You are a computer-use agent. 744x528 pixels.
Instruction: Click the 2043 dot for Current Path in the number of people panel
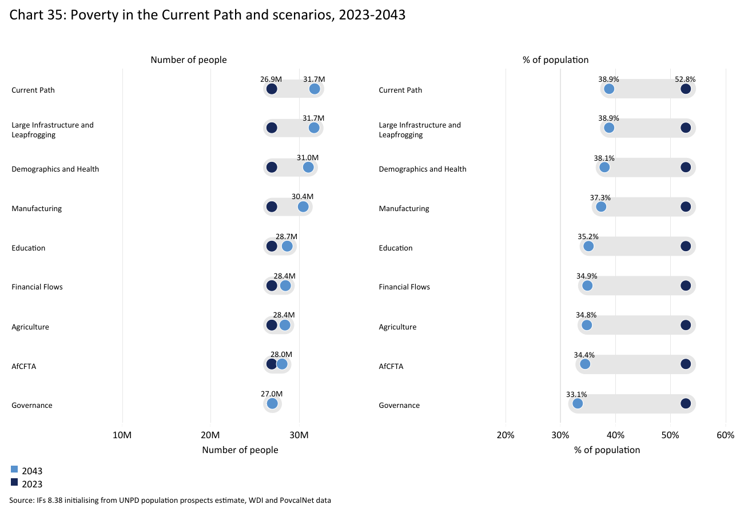click(315, 89)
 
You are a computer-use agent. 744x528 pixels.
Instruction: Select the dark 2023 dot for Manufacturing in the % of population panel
click(686, 207)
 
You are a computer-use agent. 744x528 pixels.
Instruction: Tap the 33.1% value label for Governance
click(576, 394)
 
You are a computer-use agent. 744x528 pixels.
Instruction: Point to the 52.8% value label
click(685, 80)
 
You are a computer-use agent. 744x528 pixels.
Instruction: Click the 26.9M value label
click(271, 80)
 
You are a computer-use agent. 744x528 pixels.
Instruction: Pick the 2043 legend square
click(14, 469)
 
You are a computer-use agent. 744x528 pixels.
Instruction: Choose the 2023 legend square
click(14, 482)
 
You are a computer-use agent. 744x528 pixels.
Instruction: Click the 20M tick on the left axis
click(210, 435)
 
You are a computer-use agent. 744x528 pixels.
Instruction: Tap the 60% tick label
click(725, 435)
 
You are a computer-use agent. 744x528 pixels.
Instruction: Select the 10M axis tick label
click(122, 435)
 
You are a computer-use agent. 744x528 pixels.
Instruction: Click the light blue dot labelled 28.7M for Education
click(287, 246)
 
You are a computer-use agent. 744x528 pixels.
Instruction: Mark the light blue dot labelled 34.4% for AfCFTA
click(585, 364)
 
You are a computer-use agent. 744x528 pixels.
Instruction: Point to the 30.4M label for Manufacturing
click(303, 197)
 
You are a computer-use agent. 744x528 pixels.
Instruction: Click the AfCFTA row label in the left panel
click(23, 366)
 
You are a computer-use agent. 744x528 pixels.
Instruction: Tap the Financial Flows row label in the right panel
click(404, 287)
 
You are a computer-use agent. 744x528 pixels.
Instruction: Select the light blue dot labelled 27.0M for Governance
click(272, 403)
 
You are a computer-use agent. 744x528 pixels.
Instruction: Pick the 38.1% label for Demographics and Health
click(604, 158)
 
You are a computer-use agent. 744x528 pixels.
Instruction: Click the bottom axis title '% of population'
click(607, 450)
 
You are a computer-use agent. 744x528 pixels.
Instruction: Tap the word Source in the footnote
click(21, 501)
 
